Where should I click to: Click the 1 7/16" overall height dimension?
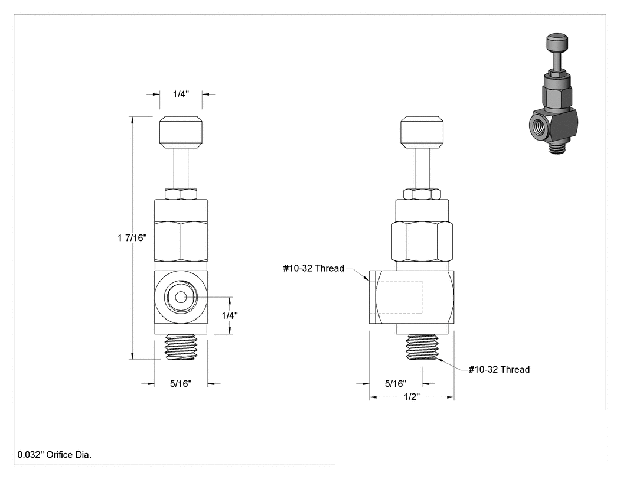(132, 238)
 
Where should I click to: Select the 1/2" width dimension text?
(412, 397)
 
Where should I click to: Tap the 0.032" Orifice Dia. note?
(54, 455)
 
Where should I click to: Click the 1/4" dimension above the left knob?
(181, 94)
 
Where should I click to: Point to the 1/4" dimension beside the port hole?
(230, 315)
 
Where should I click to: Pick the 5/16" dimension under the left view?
(181, 384)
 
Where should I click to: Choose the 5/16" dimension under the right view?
(396, 384)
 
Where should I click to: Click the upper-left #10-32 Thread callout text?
(314, 269)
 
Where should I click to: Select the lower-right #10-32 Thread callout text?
(499, 369)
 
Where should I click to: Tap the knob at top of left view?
(181, 132)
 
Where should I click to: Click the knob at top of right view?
(422, 132)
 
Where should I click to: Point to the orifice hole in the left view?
(181, 297)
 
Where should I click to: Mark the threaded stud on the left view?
(181, 347)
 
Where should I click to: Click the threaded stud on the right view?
(422, 347)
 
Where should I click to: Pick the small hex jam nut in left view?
(181, 194)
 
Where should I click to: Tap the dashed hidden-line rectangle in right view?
(397, 298)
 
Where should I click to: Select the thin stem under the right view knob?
(422, 168)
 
